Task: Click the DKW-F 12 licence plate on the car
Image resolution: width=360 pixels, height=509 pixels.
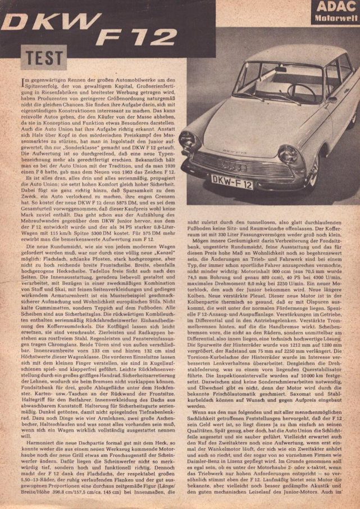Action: pos(231,182)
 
